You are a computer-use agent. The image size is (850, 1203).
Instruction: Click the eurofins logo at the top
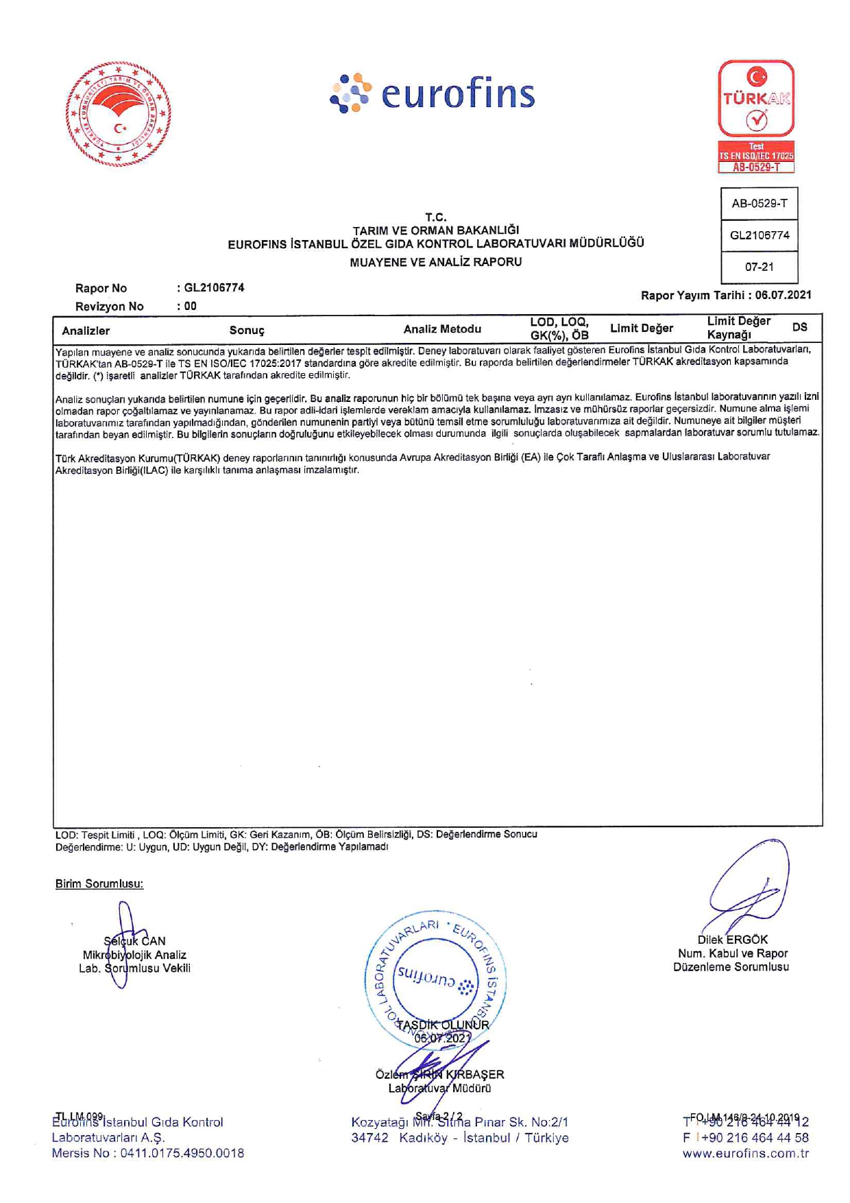433,94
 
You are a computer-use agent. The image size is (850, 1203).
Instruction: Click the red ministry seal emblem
119,115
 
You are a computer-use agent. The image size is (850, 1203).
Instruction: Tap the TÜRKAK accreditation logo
756,116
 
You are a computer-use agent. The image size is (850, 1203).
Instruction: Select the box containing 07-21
760,267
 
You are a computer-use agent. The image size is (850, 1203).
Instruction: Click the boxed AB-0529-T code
760,204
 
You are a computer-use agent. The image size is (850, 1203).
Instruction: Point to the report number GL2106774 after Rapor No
214,288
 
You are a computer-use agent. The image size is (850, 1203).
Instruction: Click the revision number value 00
190,307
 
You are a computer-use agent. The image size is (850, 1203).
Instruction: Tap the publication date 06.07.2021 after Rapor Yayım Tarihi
783,296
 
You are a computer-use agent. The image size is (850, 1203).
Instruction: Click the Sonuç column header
247,331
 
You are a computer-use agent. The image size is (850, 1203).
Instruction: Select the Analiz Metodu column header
442,329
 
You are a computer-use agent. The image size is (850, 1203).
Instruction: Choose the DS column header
799,328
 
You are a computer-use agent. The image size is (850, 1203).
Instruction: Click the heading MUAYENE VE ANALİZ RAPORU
435,262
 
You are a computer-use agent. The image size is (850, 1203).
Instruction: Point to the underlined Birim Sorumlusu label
99,884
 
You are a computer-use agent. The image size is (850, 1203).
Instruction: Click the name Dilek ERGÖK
732,940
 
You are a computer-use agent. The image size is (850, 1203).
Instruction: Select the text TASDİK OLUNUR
443,1025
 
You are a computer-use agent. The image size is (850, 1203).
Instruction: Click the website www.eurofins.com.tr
745,1154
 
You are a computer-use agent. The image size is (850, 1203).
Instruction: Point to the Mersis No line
148,1154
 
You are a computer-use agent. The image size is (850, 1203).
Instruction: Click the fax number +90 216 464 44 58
755,1138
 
